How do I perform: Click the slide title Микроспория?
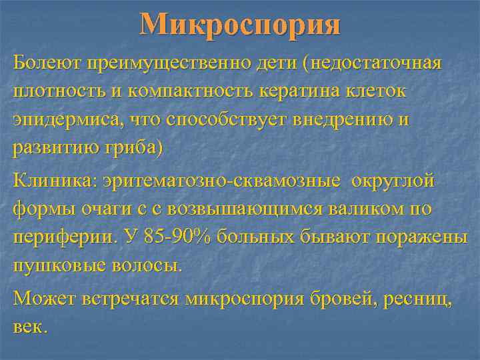(240, 25)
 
